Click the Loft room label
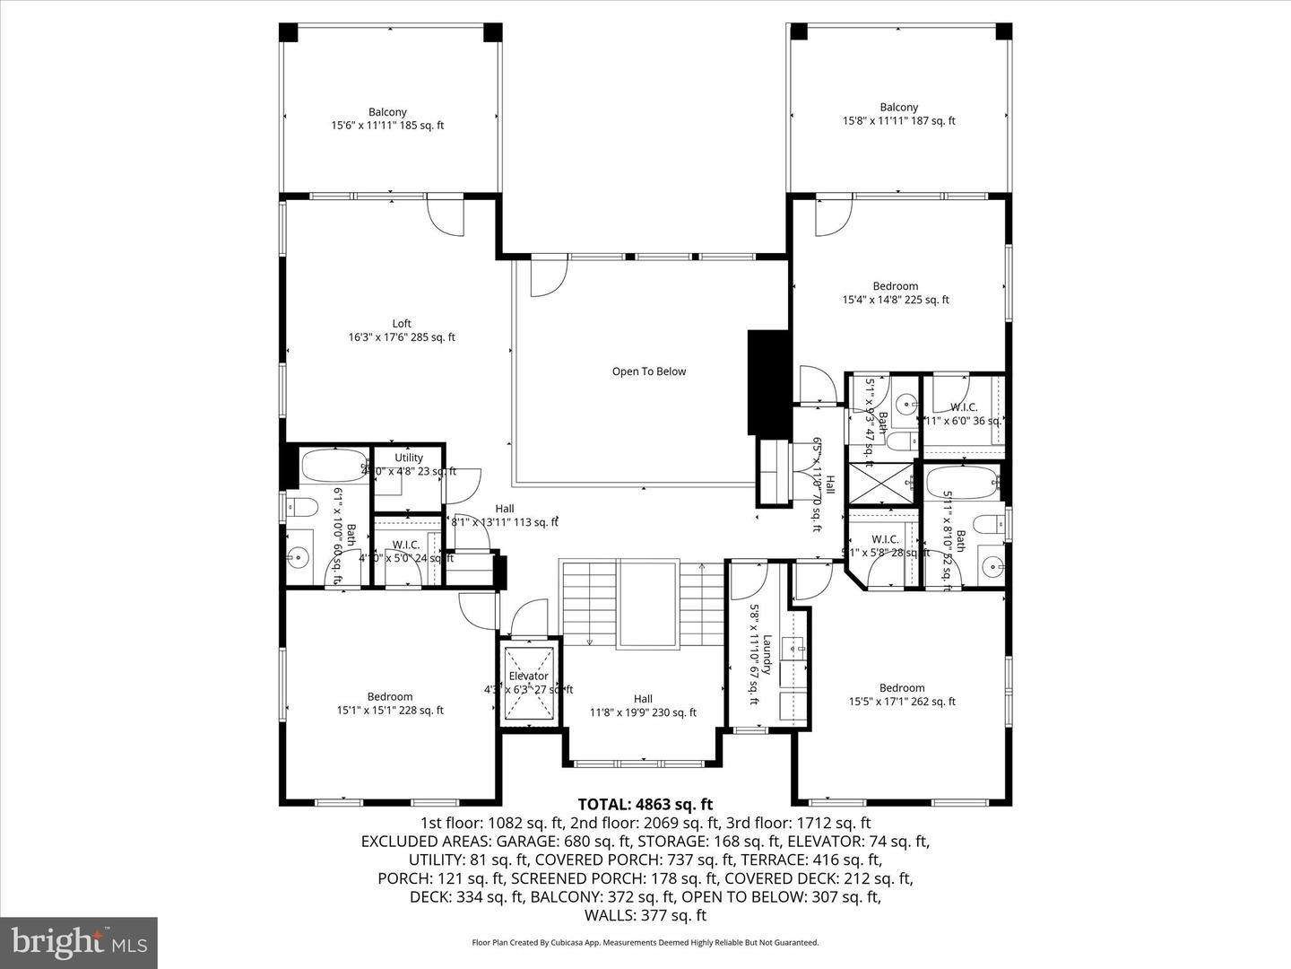click(x=402, y=330)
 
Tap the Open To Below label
click(x=648, y=371)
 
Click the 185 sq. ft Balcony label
click(x=387, y=118)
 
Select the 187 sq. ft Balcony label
click(x=898, y=114)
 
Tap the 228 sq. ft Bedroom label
click(x=390, y=703)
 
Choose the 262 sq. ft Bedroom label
click(x=901, y=694)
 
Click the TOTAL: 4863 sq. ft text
click(x=645, y=804)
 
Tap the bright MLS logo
click(x=79, y=942)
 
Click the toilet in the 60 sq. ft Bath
click(x=300, y=509)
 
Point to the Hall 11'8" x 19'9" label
click(x=643, y=706)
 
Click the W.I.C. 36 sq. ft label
click(x=964, y=414)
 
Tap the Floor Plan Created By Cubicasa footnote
click(x=645, y=943)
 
